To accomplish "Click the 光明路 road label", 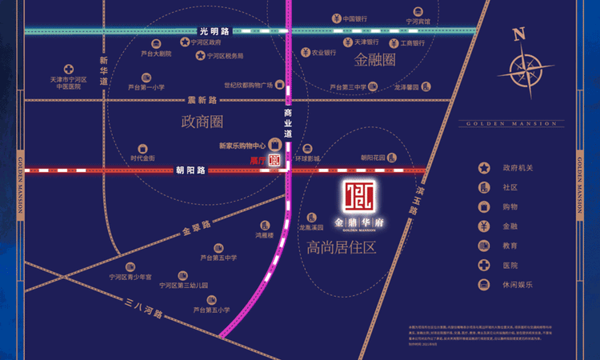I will [x=213, y=30].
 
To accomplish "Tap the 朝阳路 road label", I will [x=190, y=170].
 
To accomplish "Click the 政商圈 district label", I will [x=190, y=122].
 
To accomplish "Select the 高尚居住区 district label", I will [x=341, y=248].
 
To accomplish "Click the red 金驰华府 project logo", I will [x=354, y=196].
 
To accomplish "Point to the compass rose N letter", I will [x=519, y=34].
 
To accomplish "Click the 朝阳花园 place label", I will [x=373, y=158].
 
